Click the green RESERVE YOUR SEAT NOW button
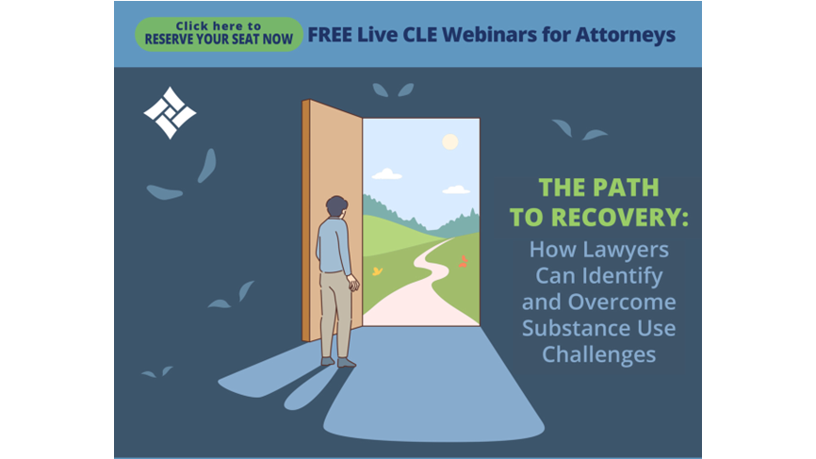point(219,34)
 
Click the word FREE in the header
point(330,34)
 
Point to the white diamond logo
point(170,113)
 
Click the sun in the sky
point(449,141)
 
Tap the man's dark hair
point(336,205)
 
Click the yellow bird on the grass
point(377,271)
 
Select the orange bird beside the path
point(463,262)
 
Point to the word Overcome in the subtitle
point(622,302)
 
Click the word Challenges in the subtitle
point(599,355)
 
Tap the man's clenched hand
point(353,284)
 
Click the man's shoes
point(338,362)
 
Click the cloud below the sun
point(456,190)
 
